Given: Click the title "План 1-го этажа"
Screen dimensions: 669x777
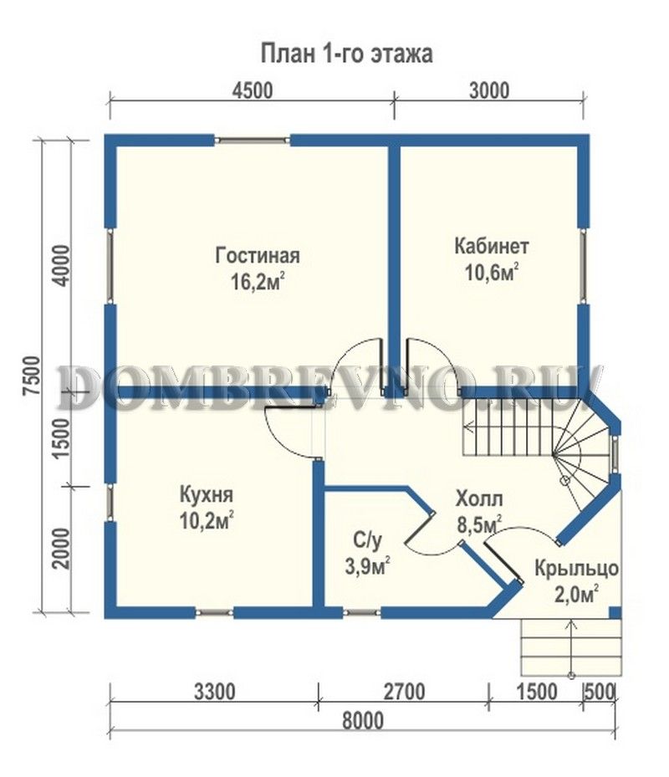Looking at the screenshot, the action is [346, 54].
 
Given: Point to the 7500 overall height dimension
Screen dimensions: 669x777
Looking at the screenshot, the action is [33, 376].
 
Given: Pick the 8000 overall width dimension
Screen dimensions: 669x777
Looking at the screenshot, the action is [363, 720].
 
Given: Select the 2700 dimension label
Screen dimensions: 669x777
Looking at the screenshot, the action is [404, 692].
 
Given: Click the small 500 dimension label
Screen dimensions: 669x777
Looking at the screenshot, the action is [600, 692].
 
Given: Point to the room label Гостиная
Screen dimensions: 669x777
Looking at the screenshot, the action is [258, 256].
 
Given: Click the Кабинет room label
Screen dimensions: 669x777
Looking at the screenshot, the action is [492, 246].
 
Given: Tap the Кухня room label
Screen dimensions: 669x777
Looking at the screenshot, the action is [206, 494].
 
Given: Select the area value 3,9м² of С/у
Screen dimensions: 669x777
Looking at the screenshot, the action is [367, 566].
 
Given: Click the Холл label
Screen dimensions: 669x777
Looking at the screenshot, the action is [478, 498].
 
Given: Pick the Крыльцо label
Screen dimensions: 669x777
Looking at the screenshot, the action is [576, 568].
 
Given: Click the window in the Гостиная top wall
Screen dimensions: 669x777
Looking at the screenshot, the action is [253, 141].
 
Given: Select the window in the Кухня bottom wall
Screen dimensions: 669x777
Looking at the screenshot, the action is [214, 613].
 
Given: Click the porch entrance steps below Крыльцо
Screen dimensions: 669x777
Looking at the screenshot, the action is [570, 647].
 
